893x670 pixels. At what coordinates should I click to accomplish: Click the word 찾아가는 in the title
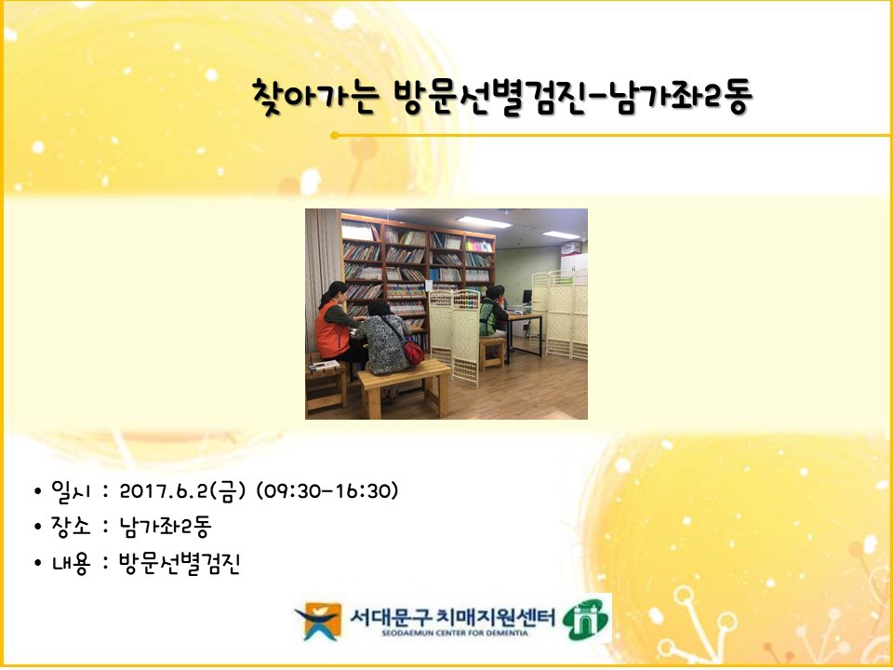coord(314,97)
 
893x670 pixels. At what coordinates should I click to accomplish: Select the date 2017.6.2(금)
coord(182,490)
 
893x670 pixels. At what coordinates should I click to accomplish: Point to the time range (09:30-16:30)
coord(327,490)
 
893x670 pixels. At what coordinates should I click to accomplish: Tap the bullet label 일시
coord(71,490)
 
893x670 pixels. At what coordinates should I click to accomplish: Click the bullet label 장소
coord(71,526)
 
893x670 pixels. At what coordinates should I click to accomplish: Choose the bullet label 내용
coord(71,563)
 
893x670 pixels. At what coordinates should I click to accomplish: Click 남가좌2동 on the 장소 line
coord(166,527)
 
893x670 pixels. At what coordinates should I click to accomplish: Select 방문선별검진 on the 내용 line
coord(180,563)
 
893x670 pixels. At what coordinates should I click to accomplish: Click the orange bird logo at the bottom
coord(319,621)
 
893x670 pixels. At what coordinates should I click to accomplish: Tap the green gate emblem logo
coord(586,620)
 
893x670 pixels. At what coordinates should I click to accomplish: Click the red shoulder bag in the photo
coord(412,351)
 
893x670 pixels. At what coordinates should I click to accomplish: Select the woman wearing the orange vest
coord(336,325)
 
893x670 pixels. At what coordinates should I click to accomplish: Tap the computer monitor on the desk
coord(526,297)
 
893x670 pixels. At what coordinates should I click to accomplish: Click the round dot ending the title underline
coord(334,136)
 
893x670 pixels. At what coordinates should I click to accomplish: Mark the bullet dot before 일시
coord(37,491)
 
